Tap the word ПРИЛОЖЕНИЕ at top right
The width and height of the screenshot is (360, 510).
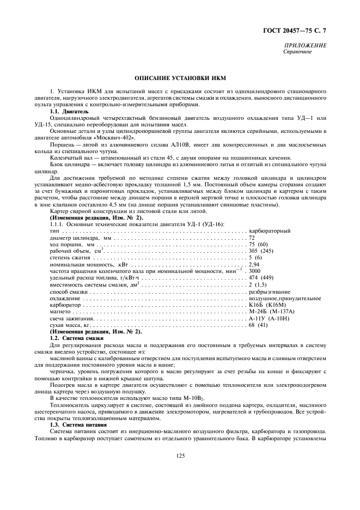click(x=305, y=46)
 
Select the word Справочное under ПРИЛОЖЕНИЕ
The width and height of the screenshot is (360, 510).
click(x=297, y=52)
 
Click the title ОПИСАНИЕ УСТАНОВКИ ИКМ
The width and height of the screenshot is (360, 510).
click(x=180, y=78)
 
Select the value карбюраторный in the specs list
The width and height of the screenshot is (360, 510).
click(x=269, y=231)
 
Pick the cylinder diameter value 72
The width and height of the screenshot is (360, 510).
click(x=252, y=238)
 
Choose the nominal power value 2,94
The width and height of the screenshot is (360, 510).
click(x=254, y=264)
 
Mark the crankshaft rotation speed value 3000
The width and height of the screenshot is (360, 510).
click(x=254, y=271)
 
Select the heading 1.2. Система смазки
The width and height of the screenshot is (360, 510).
click(x=72, y=338)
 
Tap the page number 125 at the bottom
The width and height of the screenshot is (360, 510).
click(x=180, y=457)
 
